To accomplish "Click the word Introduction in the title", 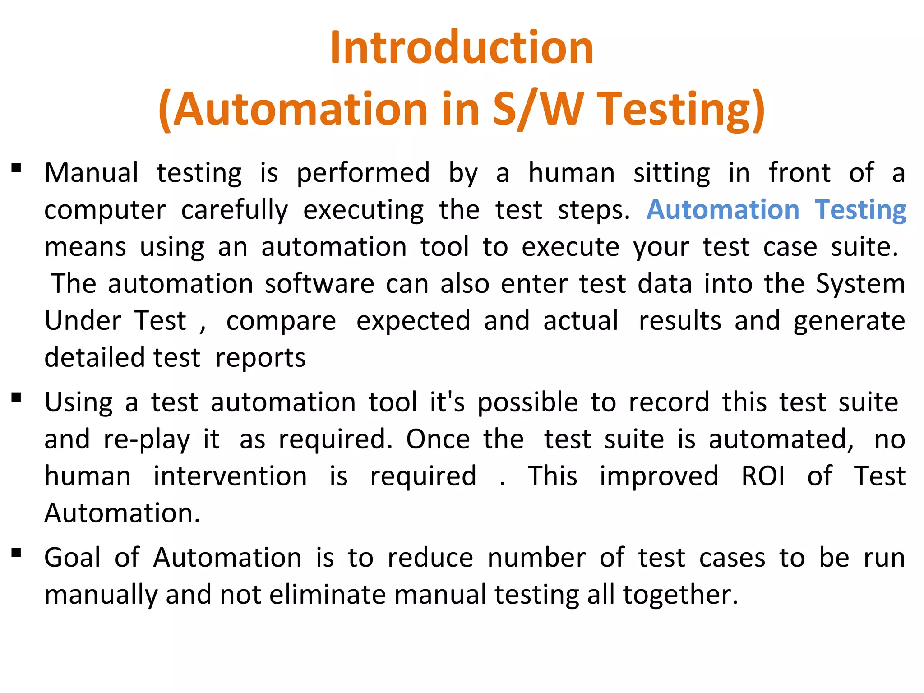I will tap(462, 47).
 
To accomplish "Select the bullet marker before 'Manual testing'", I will tap(17, 168).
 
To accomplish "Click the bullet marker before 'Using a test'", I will tap(17, 397).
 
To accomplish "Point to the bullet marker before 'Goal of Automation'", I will tap(17, 553).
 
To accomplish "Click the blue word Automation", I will tap(723, 210).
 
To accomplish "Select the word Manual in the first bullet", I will tap(92, 173).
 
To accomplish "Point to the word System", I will tap(860, 284).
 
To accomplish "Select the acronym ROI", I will tap(763, 476).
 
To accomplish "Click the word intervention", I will tap(230, 476).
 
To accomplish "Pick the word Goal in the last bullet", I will tap(72, 558).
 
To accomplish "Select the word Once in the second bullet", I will tap(438, 439).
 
